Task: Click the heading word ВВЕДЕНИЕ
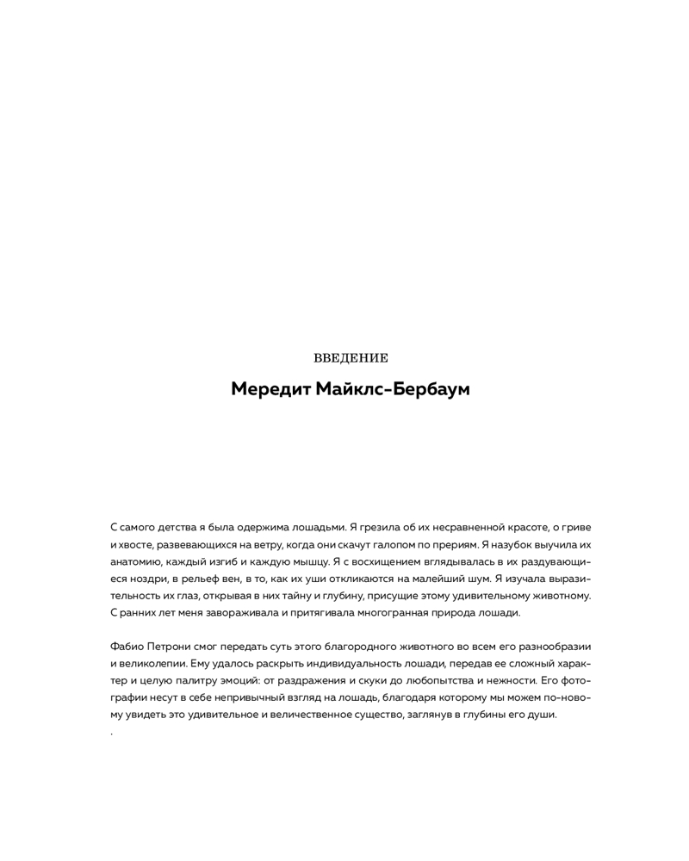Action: [351, 357]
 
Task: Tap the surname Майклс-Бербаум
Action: [392, 389]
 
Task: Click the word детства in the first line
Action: [181, 526]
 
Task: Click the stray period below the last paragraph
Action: [112, 734]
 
